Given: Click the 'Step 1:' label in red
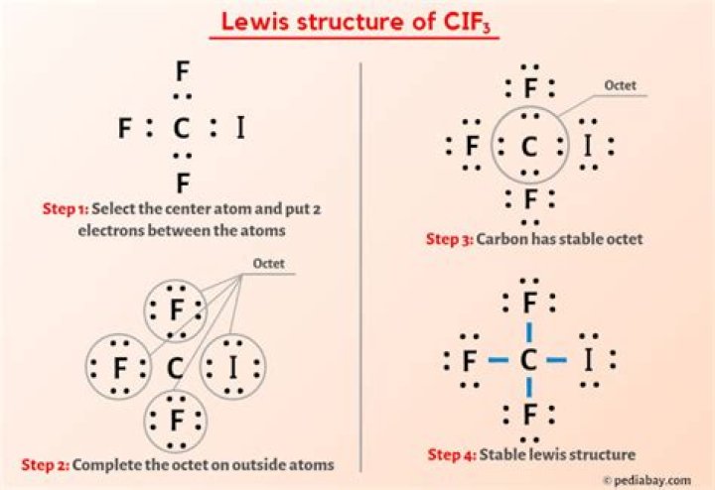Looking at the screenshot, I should [x=67, y=209].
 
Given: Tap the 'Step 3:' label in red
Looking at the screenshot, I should [x=450, y=239].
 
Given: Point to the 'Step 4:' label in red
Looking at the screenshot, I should [x=453, y=455].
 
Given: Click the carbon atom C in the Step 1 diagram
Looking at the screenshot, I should [x=180, y=128].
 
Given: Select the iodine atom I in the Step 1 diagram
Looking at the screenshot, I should [x=238, y=128].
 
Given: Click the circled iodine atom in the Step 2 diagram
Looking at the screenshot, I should [x=234, y=368].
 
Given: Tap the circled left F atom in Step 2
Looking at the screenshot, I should [x=119, y=368].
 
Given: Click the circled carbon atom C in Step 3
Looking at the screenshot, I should [x=529, y=149].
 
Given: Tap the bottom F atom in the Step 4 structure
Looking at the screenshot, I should [x=530, y=413].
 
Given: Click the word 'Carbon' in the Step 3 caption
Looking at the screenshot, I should [x=504, y=239].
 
